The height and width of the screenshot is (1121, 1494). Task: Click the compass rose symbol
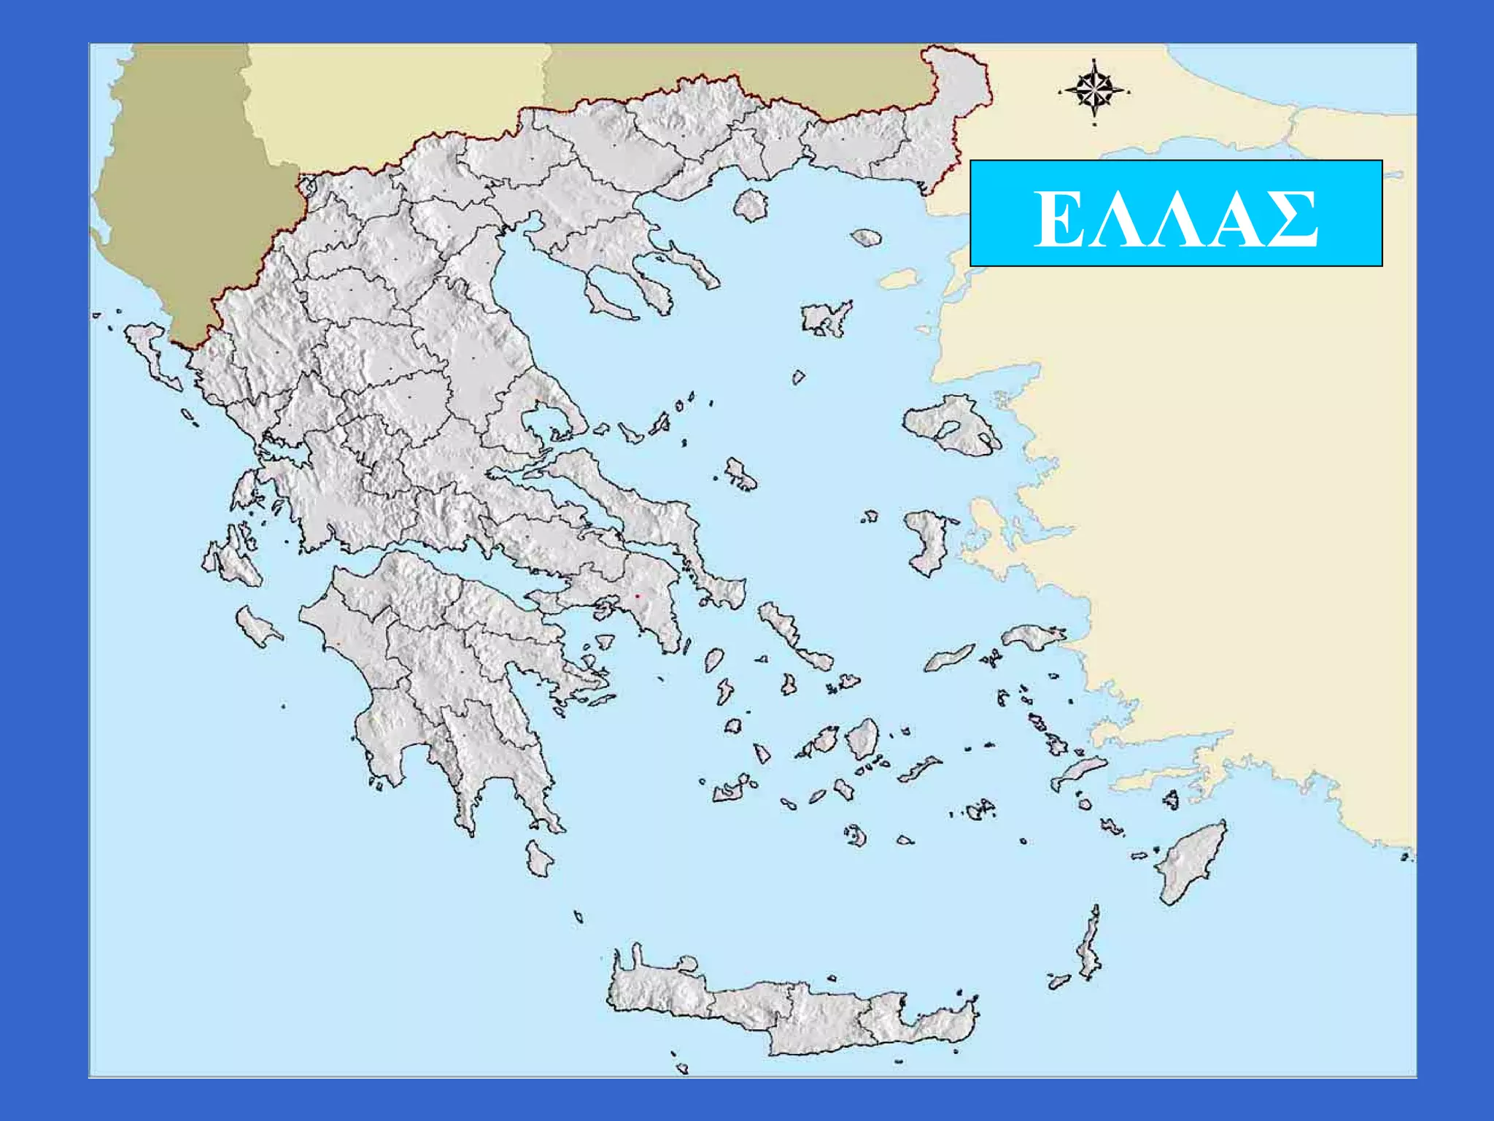coord(1094,91)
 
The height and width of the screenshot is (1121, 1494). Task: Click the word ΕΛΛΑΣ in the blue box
coord(1175,219)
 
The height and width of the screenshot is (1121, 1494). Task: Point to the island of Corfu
coord(150,350)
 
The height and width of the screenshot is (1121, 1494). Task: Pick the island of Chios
coord(926,540)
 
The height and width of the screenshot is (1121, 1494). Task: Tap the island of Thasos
coord(751,204)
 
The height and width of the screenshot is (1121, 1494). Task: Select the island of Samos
coord(1030,636)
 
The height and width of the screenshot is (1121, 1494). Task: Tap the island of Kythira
coord(539,858)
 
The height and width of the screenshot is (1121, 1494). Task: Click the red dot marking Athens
coord(637,597)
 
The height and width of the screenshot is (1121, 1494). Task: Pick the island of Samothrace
coord(867,237)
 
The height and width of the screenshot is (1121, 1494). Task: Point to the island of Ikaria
coord(948,658)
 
